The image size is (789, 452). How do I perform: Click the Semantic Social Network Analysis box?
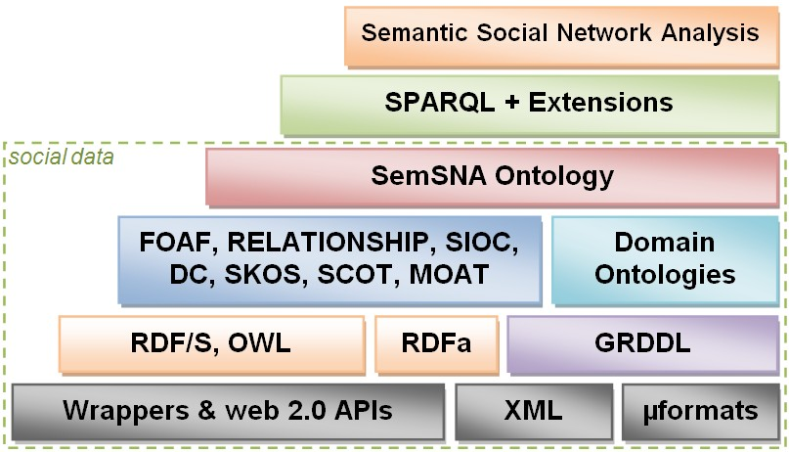[x=560, y=34]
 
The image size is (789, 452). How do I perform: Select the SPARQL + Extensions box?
[x=529, y=103]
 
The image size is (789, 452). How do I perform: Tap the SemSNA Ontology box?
[x=492, y=176]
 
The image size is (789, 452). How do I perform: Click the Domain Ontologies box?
[x=665, y=258]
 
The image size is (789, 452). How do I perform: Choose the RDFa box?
[x=436, y=343]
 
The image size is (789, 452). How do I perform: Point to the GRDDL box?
[x=642, y=343]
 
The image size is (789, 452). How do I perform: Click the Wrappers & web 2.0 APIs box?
[x=227, y=411]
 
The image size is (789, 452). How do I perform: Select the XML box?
[x=533, y=411]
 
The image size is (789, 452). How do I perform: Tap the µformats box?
[x=700, y=411]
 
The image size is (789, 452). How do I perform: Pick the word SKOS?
[x=258, y=275]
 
